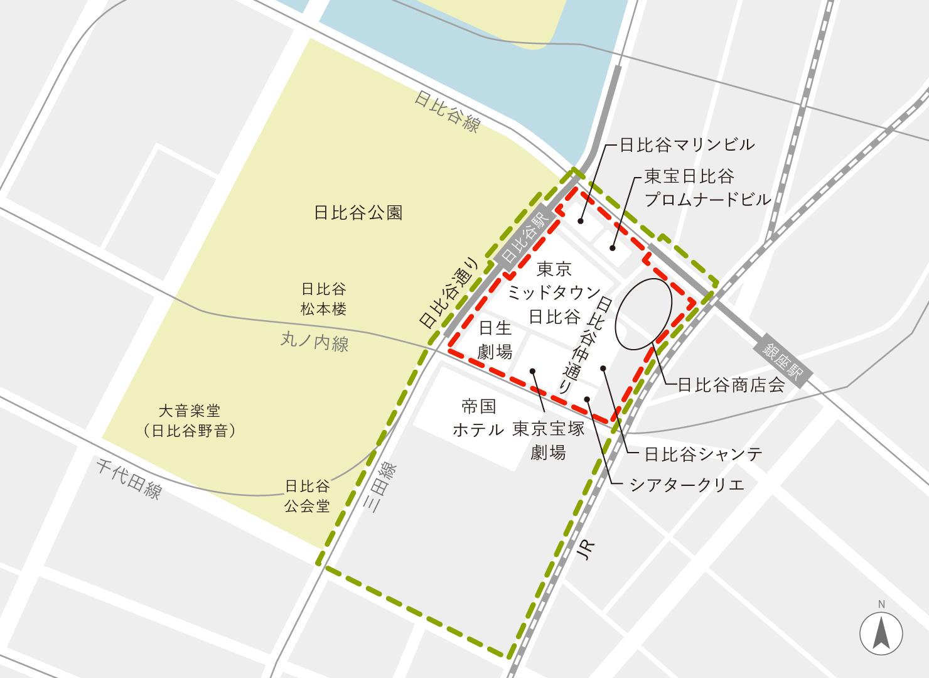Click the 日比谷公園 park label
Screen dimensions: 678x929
[x=358, y=213]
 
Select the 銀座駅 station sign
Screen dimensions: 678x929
[x=783, y=363]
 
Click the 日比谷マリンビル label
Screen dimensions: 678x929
[x=687, y=145]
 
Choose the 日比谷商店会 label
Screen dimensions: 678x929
[x=731, y=385]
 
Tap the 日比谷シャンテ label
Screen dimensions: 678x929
[x=703, y=454]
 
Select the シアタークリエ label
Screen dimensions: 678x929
[x=687, y=485]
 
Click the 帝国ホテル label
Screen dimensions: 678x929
[x=478, y=418]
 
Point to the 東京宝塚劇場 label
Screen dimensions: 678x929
[x=549, y=440]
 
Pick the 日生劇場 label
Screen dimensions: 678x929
[x=495, y=340]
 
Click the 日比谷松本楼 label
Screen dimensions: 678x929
[x=323, y=299]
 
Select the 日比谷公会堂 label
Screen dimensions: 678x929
[x=307, y=496]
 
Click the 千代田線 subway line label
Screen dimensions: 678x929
[x=129, y=478]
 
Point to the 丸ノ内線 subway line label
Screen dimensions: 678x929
[x=314, y=342]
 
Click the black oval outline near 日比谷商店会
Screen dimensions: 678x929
[x=643, y=314]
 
